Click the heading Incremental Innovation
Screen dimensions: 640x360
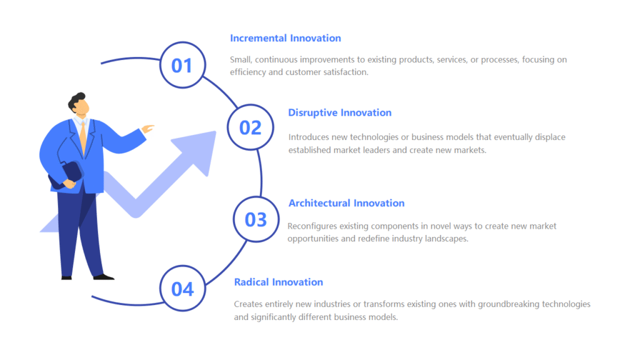[285, 38]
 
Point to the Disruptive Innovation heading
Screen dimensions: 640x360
[339, 112]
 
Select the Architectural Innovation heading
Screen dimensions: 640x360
[346, 203]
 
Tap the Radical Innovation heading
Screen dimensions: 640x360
[278, 282]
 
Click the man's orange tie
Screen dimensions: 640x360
[83, 137]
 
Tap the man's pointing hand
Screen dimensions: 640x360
[147, 129]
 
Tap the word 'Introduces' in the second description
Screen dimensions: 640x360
[309, 137]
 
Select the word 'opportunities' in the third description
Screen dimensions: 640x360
[313, 239]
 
